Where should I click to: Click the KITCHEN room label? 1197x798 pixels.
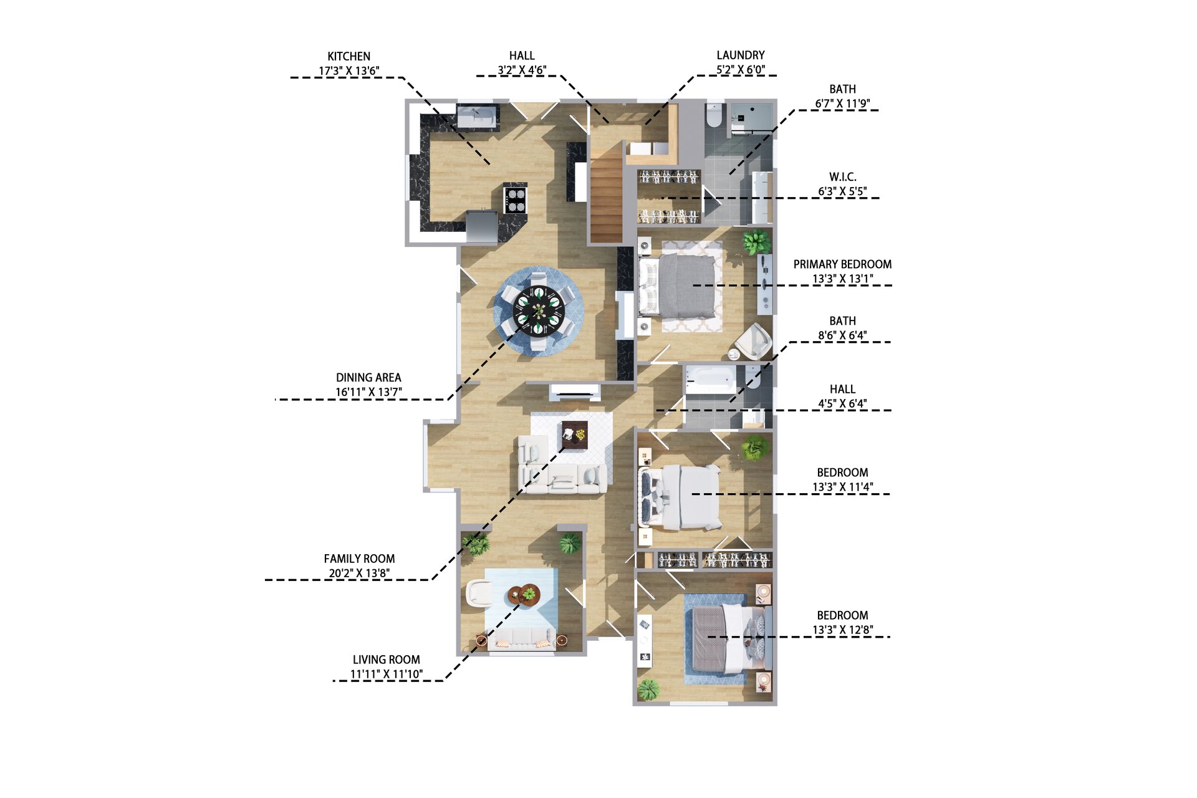click(x=349, y=56)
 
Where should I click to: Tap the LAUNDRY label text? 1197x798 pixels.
click(x=740, y=55)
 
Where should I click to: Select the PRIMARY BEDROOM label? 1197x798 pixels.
click(x=842, y=264)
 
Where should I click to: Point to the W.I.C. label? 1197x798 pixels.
click(x=842, y=177)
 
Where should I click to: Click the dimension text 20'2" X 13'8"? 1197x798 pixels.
click(x=359, y=574)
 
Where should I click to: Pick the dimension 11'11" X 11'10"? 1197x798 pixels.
click(x=387, y=674)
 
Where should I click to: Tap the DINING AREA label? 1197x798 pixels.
click(x=368, y=378)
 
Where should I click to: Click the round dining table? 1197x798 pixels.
click(x=539, y=310)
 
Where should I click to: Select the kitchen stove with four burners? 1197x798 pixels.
click(x=516, y=200)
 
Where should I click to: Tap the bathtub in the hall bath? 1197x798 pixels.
click(x=710, y=380)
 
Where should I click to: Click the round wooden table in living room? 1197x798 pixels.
click(x=524, y=595)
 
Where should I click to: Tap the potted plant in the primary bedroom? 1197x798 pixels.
click(x=756, y=242)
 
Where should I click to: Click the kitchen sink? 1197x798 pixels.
click(x=478, y=116)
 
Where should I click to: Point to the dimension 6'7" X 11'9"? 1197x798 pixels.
click(x=842, y=103)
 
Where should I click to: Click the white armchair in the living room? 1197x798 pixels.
click(x=479, y=592)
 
